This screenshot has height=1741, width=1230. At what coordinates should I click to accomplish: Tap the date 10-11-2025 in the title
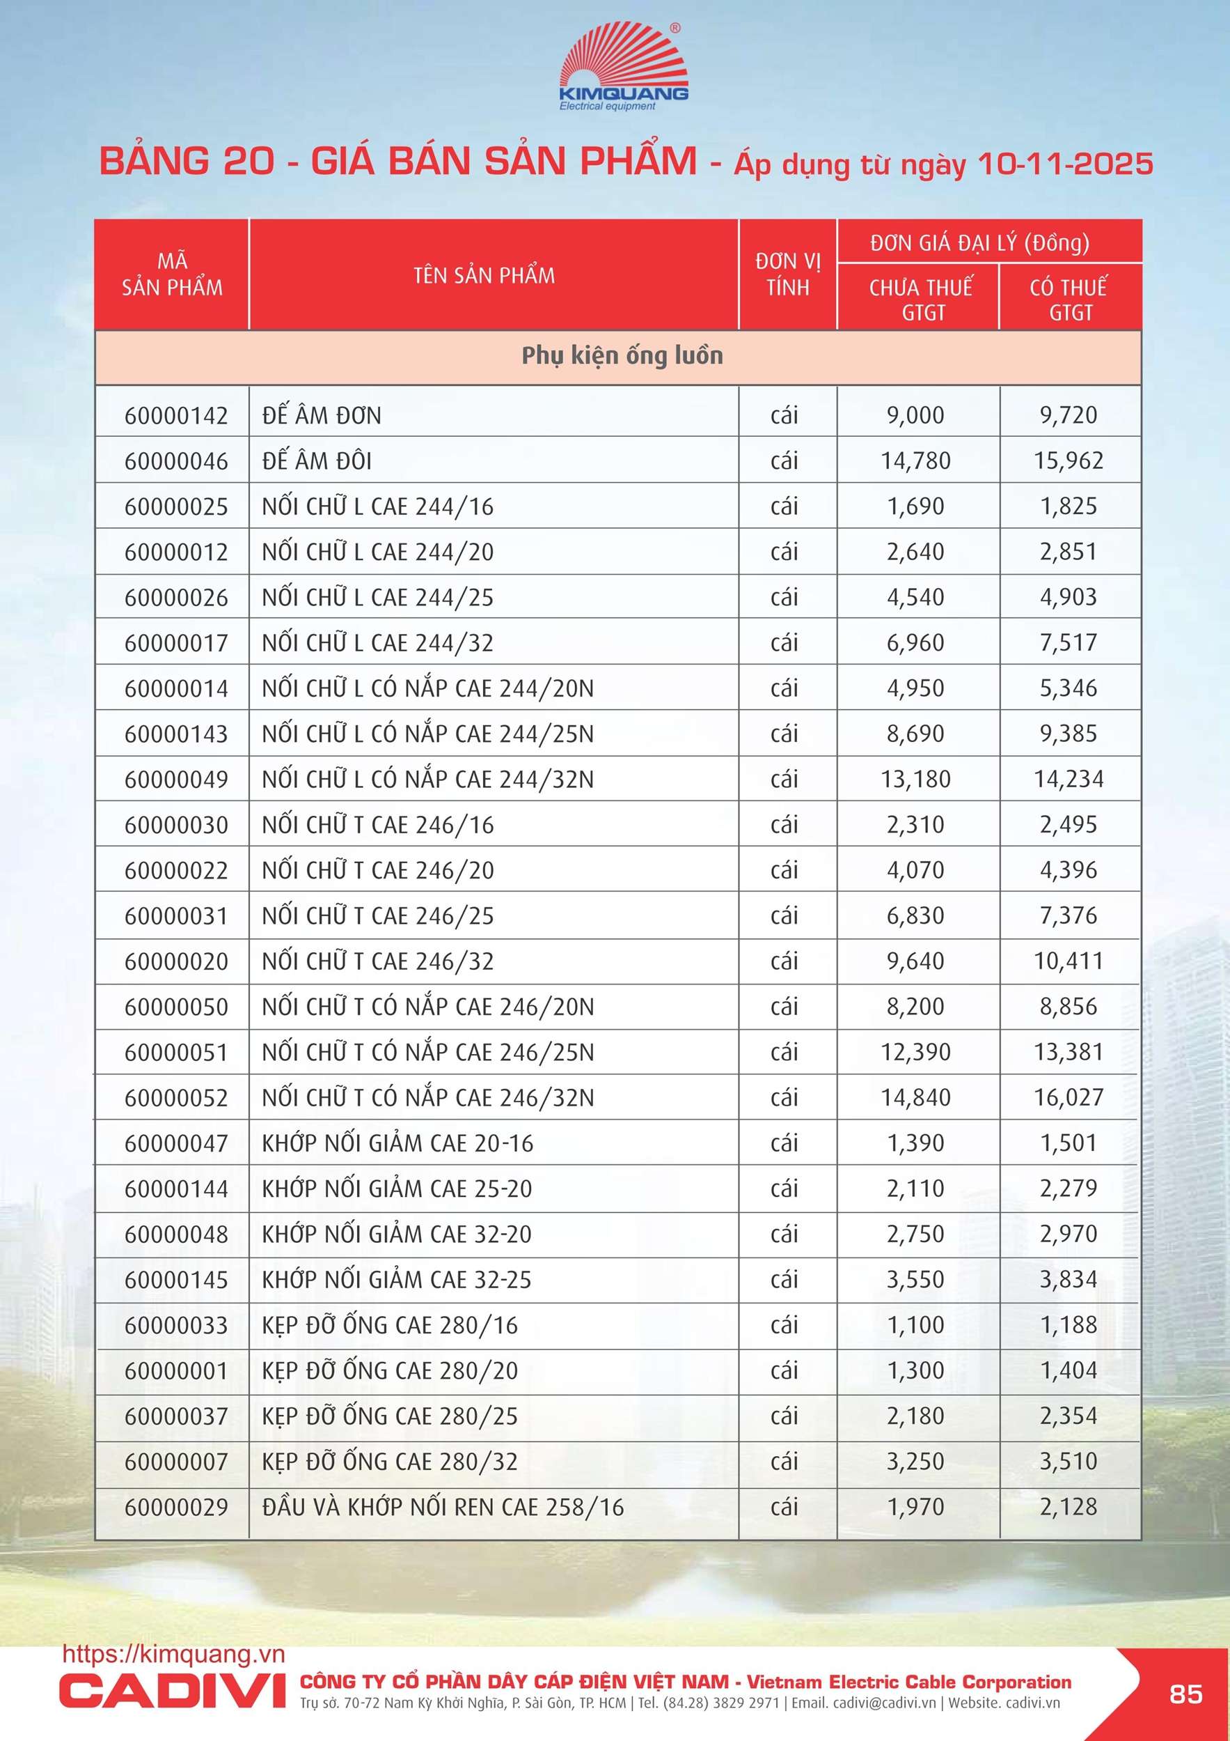tap(1065, 164)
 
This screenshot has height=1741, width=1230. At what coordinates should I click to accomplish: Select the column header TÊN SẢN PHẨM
tap(484, 275)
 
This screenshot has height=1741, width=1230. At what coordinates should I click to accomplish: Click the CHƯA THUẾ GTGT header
tap(921, 299)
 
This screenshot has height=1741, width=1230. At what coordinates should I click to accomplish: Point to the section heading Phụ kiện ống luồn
tap(622, 355)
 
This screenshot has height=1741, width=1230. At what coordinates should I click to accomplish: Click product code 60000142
tap(176, 415)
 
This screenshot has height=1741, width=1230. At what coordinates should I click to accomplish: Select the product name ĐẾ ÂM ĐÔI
tap(317, 461)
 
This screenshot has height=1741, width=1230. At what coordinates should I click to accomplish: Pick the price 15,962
tap(1069, 461)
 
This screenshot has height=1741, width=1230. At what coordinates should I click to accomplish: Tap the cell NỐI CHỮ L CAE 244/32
tap(377, 643)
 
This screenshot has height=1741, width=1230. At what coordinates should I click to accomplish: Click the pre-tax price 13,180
tap(915, 780)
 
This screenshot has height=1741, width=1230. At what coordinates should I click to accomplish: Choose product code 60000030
tap(176, 825)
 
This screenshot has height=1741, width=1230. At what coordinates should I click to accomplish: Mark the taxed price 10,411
tap(1069, 961)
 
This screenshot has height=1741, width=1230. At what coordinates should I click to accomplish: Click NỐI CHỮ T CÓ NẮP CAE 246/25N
tap(427, 1053)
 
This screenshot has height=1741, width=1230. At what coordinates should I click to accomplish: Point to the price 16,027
tap(1069, 1098)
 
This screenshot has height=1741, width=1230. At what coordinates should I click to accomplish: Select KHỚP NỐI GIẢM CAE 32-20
tap(396, 1235)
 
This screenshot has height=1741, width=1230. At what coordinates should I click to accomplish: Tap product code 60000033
tap(176, 1326)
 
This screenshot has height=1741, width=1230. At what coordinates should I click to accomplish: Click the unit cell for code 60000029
tap(784, 1508)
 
